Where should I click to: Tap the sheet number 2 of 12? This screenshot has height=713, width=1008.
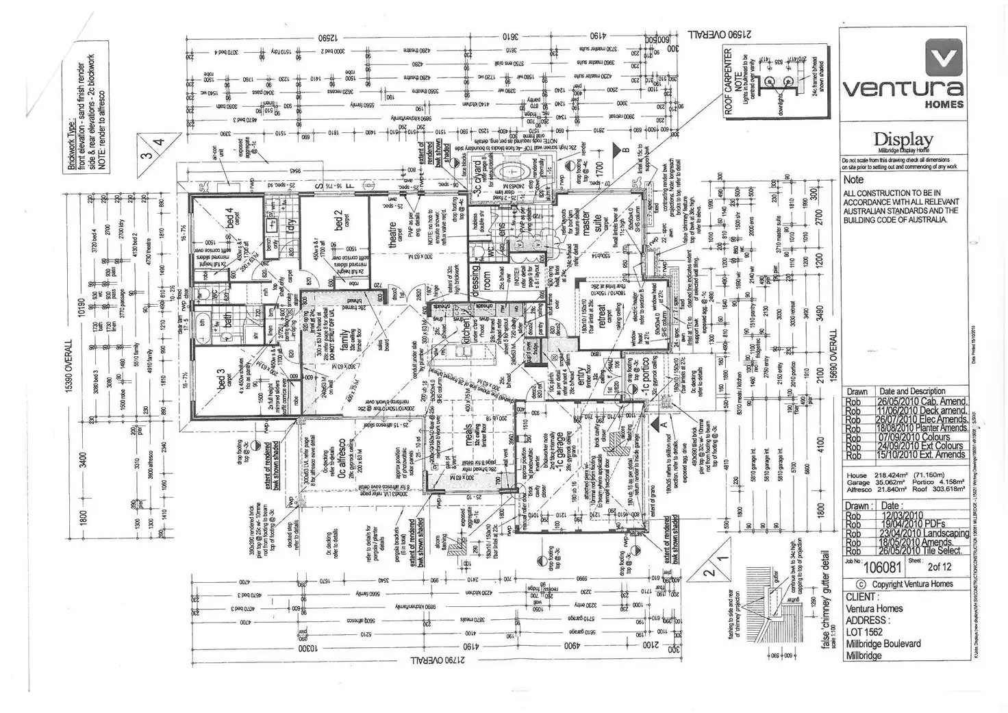[939, 566]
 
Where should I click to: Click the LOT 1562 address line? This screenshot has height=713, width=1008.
[865, 631]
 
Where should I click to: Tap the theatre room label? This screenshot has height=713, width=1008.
[394, 234]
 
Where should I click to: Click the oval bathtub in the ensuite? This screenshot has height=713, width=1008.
[512, 170]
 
